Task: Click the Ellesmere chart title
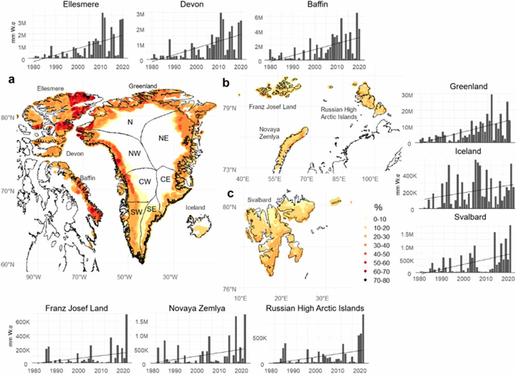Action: click(x=81, y=4)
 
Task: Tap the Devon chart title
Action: click(x=192, y=4)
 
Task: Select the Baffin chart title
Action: click(x=318, y=4)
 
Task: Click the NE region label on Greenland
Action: click(x=163, y=138)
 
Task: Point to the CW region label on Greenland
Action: click(x=145, y=182)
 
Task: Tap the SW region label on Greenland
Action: click(x=136, y=212)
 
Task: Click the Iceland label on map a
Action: click(x=195, y=208)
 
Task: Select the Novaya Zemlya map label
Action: click(x=269, y=133)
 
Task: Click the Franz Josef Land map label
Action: click(x=273, y=107)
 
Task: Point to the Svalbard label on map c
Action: click(x=259, y=200)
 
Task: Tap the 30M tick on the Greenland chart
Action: click(x=407, y=95)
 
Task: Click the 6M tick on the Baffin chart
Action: click(x=258, y=18)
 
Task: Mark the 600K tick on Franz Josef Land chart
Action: click(x=23, y=322)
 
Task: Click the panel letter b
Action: click(x=226, y=82)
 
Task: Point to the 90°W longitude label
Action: click(x=34, y=277)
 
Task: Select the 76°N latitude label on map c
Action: click(x=229, y=289)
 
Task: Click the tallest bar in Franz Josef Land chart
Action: click(x=126, y=338)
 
